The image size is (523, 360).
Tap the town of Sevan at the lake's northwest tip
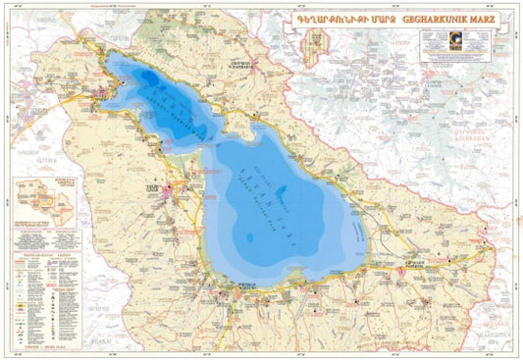pyautogui.click(x=102, y=92)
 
